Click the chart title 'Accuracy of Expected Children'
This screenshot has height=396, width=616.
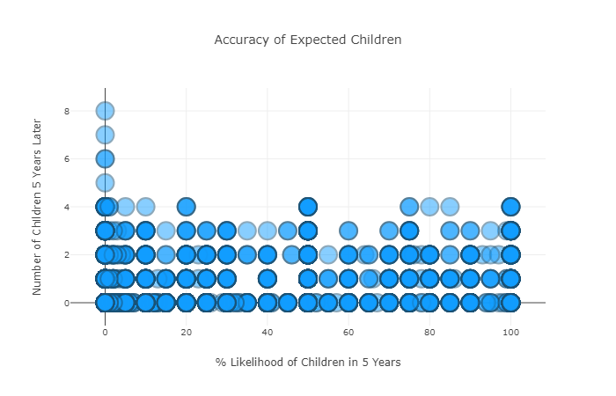308,40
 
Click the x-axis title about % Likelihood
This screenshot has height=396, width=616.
308,362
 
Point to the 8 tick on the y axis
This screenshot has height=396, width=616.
91,111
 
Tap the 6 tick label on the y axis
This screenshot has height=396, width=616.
91,158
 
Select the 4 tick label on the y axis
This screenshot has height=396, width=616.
91,207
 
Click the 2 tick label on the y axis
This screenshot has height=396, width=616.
91,254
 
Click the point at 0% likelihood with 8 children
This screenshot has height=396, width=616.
105,111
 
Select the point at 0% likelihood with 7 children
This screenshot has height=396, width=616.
105,135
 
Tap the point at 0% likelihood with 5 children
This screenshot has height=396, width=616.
105,183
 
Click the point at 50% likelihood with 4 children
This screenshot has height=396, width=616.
307,207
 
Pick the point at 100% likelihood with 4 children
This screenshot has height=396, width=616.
510,207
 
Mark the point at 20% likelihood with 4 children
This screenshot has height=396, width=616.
186,207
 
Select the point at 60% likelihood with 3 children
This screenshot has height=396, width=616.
348,231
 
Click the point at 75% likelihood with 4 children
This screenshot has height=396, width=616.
409,207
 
